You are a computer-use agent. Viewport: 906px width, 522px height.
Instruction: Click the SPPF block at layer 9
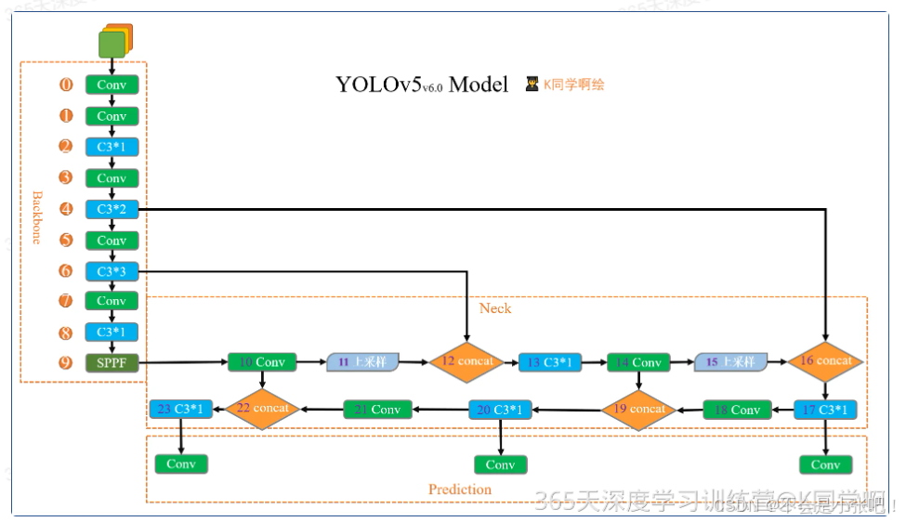click(x=112, y=362)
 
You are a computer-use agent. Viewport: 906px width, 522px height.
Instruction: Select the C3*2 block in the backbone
click(x=112, y=210)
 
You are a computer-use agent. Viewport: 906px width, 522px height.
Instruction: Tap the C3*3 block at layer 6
click(x=112, y=271)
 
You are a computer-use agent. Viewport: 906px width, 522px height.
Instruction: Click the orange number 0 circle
click(x=66, y=85)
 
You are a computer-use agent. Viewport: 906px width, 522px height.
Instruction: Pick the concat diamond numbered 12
click(x=466, y=361)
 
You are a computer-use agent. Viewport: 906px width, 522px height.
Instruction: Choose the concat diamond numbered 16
click(x=825, y=361)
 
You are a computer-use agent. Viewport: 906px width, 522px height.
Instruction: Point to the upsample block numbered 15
click(x=731, y=361)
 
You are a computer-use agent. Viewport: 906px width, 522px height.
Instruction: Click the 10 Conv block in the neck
click(x=262, y=362)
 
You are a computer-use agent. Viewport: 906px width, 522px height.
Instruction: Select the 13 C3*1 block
click(x=550, y=362)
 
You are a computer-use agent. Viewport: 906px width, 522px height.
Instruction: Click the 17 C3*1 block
click(x=825, y=410)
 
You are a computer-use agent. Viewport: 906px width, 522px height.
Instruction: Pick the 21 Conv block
click(x=378, y=410)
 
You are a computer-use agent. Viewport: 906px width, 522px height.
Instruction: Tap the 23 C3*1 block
click(x=181, y=409)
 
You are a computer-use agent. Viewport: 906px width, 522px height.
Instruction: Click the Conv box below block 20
click(x=500, y=464)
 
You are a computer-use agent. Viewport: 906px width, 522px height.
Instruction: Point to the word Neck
click(x=494, y=307)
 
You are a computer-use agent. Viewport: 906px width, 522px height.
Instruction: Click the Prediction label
click(x=459, y=489)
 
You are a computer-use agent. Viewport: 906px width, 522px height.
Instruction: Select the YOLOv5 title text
click(x=422, y=85)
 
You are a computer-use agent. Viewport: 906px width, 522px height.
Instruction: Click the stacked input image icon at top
click(x=114, y=41)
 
